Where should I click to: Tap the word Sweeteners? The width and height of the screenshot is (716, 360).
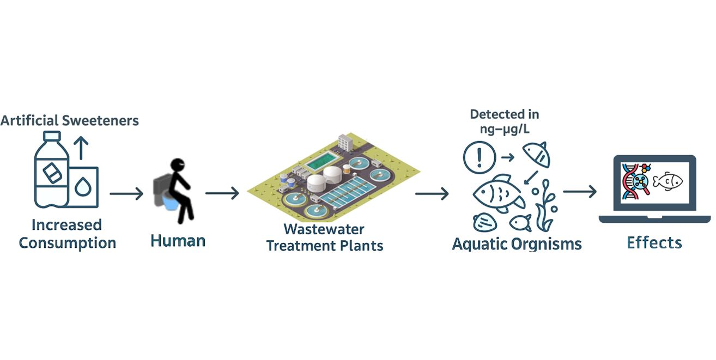tap(106, 120)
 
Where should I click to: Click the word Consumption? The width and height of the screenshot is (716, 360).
tap(67, 242)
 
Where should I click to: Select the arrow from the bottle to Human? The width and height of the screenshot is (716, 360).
tap(126, 193)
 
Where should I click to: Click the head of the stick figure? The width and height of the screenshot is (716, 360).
tap(178, 166)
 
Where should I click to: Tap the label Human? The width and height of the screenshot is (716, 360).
tap(178, 240)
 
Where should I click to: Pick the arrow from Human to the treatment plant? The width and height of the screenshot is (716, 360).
tap(221, 193)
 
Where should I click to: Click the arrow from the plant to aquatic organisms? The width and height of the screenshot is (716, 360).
tap(432, 193)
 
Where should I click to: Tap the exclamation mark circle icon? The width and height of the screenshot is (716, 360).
tap(479, 157)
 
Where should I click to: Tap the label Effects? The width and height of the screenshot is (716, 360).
tap(654, 242)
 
